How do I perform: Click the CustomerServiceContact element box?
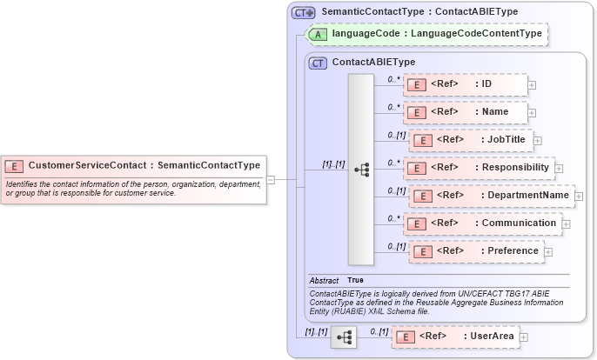click(132, 165)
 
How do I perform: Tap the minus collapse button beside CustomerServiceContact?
click(271, 180)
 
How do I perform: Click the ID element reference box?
click(466, 84)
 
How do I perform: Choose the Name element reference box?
click(466, 112)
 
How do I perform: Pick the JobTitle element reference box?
click(471, 140)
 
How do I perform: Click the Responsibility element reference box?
click(479, 168)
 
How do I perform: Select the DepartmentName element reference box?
click(492, 196)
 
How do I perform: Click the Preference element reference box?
click(476, 251)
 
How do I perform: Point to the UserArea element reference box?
click(454, 337)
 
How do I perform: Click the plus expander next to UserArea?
click(524, 337)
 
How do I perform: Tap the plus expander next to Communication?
click(567, 224)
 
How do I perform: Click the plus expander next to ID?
click(532, 85)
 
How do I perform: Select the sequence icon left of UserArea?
click(344, 337)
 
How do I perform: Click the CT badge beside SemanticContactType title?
click(303, 12)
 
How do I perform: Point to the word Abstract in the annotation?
click(324, 281)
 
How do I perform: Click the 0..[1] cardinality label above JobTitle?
click(397, 135)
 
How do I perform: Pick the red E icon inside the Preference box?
click(422, 252)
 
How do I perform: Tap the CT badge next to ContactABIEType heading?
click(318, 63)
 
